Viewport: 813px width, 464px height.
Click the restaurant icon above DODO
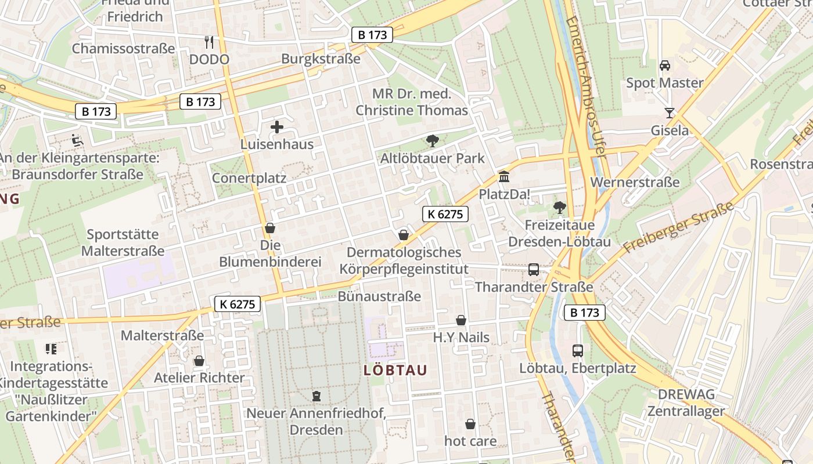click(210, 42)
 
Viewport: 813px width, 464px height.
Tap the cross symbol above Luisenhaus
click(277, 127)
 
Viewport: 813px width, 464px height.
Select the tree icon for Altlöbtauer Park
click(432, 140)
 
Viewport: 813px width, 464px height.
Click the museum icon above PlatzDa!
click(504, 176)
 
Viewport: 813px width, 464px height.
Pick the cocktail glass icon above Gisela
click(670, 113)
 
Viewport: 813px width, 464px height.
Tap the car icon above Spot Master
click(665, 65)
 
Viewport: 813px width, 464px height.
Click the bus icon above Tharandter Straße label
click(533, 270)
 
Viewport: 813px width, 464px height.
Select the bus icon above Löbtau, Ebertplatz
click(577, 350)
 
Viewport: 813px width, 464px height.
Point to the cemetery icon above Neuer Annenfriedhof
click(316, 396)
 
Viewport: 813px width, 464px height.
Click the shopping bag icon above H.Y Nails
click(461, 320)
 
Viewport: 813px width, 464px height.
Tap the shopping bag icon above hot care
click(470, 424)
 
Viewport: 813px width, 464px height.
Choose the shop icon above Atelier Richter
click(199, 361)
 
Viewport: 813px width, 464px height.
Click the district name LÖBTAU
click(395, 370)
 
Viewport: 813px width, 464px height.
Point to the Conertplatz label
click(249, 178)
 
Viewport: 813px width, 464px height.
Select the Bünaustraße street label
click(379, 296)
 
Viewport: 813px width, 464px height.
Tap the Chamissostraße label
click(123, 48)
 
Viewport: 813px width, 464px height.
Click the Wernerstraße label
click(635, 182)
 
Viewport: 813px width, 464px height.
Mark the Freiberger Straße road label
click(676, 227)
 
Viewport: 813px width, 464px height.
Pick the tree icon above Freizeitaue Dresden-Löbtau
click(560, 207)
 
